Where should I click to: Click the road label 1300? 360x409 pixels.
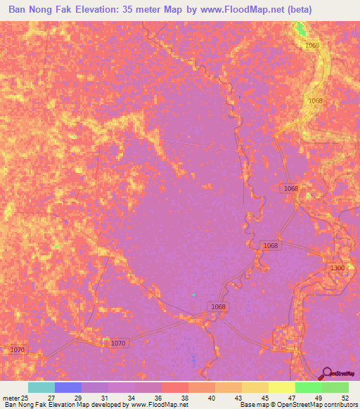coord(337,268)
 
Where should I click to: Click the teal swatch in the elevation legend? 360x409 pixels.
coord(41,388)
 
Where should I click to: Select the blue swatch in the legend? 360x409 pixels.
coord(67,388)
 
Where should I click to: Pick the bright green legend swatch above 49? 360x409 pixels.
coord(308,388)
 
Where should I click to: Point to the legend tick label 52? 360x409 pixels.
coord(344,398)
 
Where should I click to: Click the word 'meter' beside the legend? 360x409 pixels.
coord(11,398)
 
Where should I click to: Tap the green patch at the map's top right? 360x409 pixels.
coord(301,29)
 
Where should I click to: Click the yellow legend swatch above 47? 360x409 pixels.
coord(281,388)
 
